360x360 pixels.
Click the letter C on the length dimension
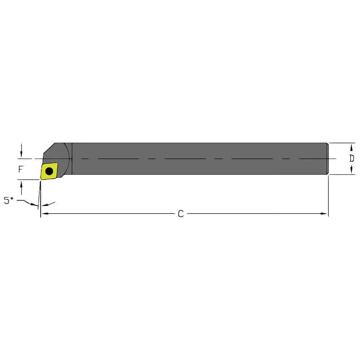(x=181, y=214)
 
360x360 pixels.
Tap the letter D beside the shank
(x=352, y=158)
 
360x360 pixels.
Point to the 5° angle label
(x=8, y=201)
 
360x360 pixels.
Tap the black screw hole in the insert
(x=49, y=171)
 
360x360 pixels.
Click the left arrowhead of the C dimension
(x=44, y=214)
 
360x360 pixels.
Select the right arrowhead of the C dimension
(x=324, y=214)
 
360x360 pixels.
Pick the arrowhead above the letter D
(x=351, y=148)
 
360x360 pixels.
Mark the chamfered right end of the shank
(x=327, y=159)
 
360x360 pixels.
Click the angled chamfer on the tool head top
(x=49, y=148)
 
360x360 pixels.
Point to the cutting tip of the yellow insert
(x=41, y=179)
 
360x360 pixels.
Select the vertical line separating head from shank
(x=72, y=159)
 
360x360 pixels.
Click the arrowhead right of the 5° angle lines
(x=45, y=205)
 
